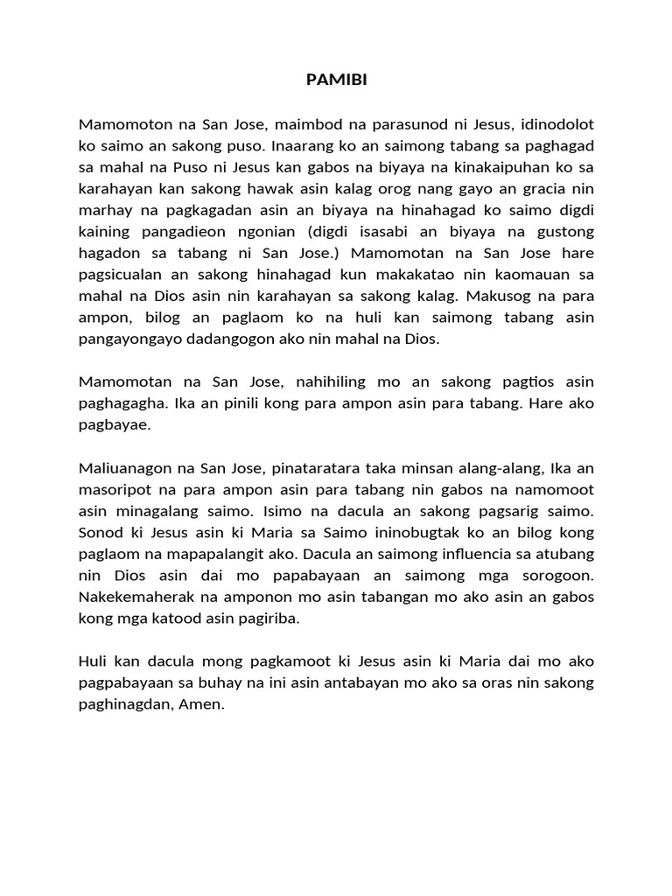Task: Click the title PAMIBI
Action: tap(337, 80)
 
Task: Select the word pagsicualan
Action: tap(119, 274)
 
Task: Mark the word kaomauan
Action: tap(536, 274)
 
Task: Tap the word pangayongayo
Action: tap(132, 339)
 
